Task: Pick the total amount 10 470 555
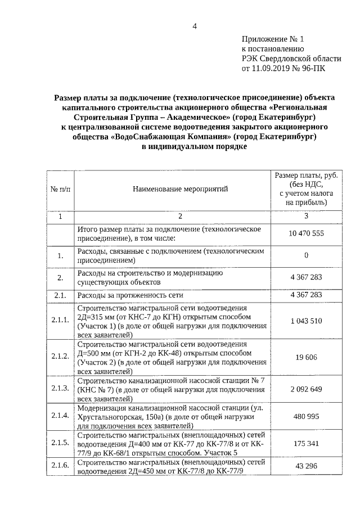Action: tap(306, 233)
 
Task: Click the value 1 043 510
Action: tap(306, 321)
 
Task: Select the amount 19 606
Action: tap(306, 356)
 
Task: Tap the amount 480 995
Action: tap(306, 417)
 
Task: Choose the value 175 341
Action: tap(306, 444)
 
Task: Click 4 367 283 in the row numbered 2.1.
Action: tap(306, 294)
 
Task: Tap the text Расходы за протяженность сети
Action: tap(130, 294)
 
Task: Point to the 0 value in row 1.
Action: tap(306, 256)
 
